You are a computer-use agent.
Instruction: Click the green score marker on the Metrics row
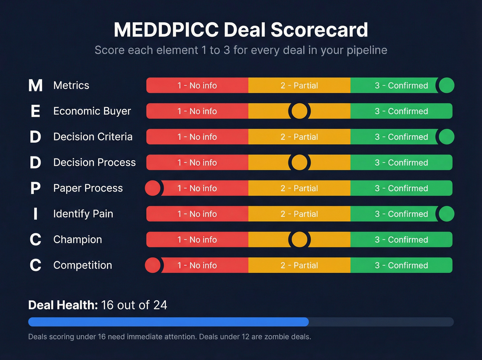tap(447, 85)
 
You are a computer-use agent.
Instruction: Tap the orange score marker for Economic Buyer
tap(299, 111)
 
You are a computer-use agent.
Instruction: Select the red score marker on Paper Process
tap(153, 188)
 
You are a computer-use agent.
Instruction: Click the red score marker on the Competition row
tap(153, 265)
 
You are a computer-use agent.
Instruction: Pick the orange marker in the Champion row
tap(299, 239)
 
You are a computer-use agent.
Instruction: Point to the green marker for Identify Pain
tap(447, 214)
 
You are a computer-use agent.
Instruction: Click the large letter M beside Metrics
tap(35, 86)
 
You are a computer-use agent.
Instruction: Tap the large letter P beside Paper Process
tap(35, 188)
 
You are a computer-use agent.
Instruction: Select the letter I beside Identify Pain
tap(35, 214)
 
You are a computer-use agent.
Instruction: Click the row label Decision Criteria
tap(93, 137)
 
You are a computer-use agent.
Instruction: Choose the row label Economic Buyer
tap(92, 111)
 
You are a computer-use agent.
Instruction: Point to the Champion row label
tap(77, 239)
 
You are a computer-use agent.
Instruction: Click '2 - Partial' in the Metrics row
tap(299, 85)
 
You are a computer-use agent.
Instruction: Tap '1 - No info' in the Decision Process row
tap(197, 163)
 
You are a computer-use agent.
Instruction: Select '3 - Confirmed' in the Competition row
tap(401, 265)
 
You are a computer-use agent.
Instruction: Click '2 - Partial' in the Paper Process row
tap(299, 188)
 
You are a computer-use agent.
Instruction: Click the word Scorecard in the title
tap(319, 30)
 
